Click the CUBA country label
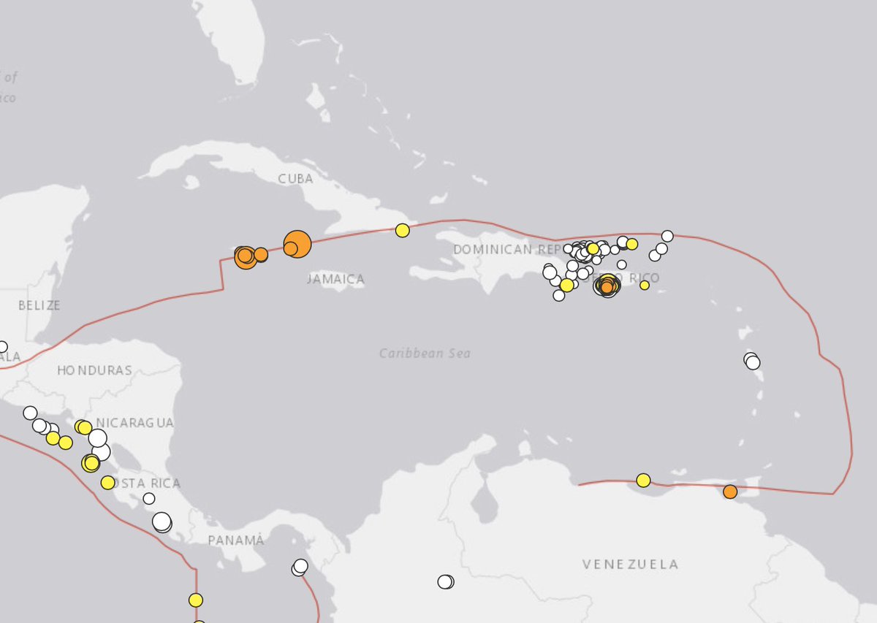(x=295, y=179)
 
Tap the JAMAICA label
(x=335, y=279)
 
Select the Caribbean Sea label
(x=425, y=353)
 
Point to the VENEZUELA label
(x=630, y=564)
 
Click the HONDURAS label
(x=95, y=370)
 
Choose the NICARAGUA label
(x=135, y=423)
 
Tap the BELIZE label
(x=39, y=305)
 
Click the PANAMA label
(x=235, y=540)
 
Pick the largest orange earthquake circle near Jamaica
(x=297, y=243)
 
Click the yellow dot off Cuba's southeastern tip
(x=402, y=230)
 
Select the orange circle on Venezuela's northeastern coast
(x=730, y=492)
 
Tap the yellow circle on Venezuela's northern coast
(x=643, y=480)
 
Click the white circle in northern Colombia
(x=445, y=582)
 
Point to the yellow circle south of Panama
(x=195, y=600)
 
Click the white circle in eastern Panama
(x=300, y=567)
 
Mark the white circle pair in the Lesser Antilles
(x=751, y=361)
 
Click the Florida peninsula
(x=234, y=44)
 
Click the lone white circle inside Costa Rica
(x=149, y=498)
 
